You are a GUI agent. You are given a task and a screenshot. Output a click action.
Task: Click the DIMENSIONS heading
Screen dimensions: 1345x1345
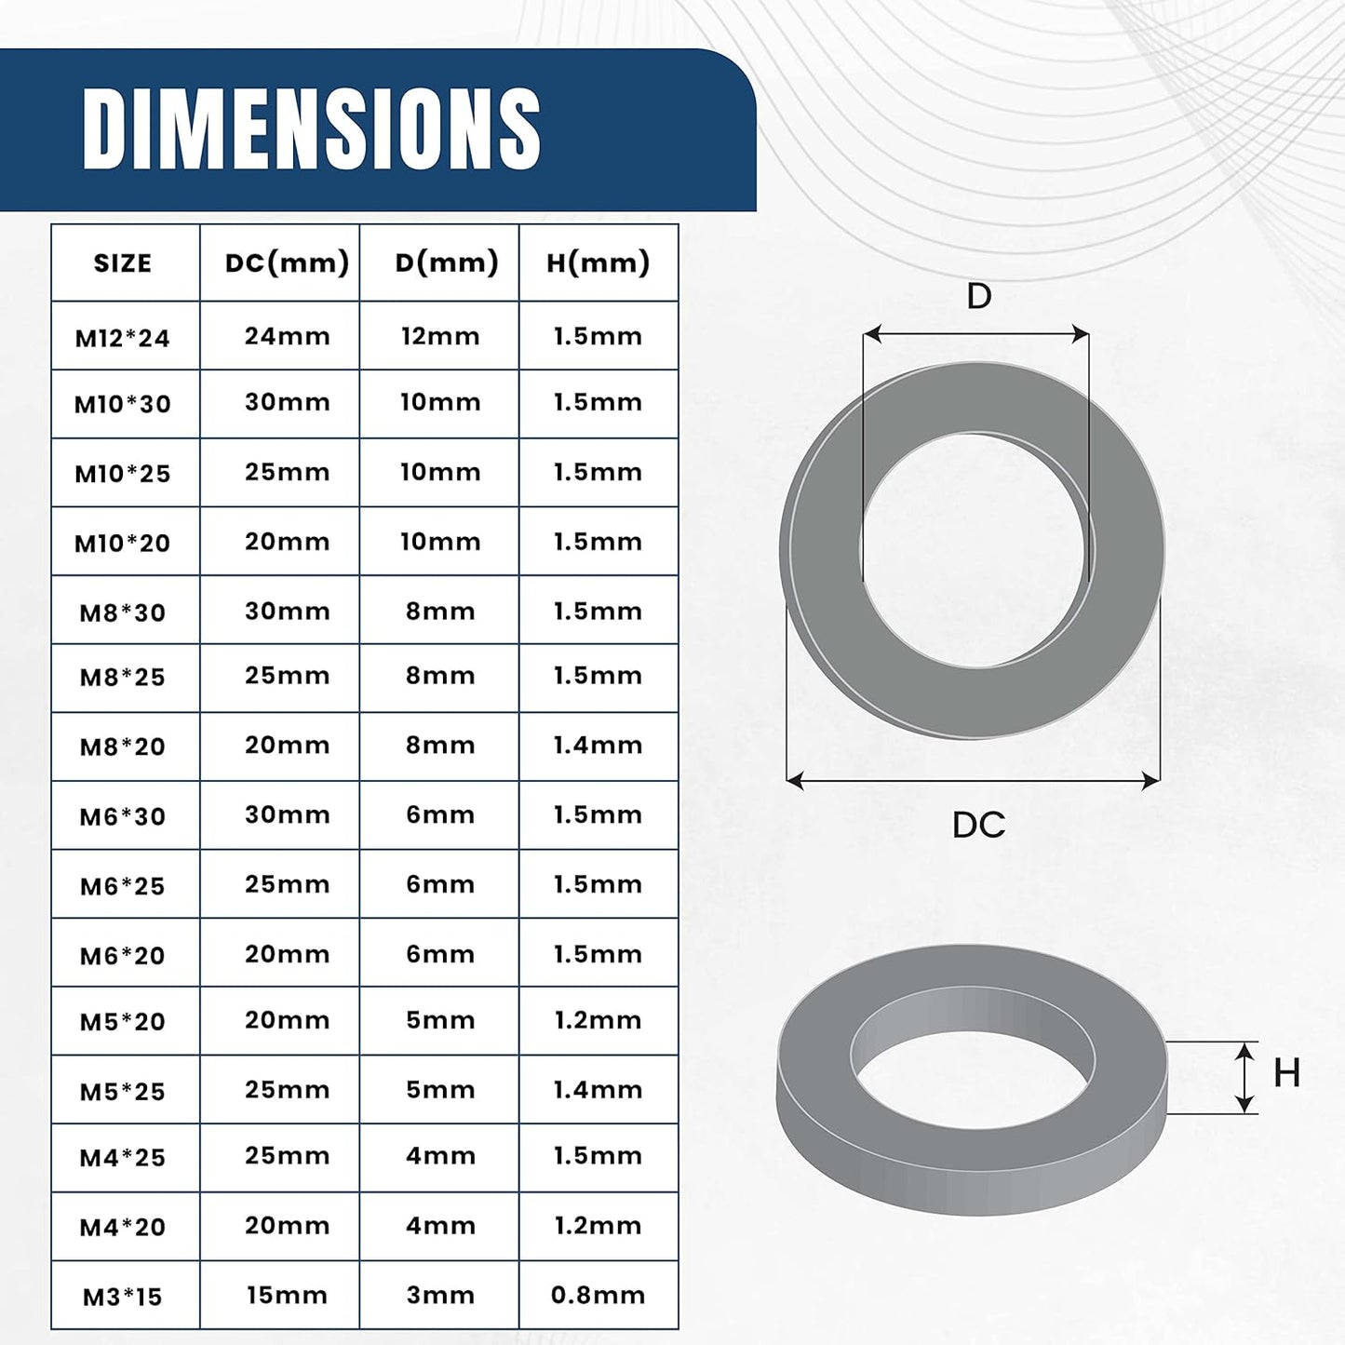[x=311, y=128]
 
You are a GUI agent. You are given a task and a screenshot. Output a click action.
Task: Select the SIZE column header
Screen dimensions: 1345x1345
[x=123, y=263]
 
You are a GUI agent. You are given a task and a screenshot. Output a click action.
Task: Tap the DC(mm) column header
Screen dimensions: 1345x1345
[x=287, y=262]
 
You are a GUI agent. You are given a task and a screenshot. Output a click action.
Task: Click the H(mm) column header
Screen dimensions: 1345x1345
[x=598, y=262]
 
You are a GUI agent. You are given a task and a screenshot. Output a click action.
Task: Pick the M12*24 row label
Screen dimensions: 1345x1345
[x=123, y=338]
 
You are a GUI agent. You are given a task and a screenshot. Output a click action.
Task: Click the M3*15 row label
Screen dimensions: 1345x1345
[x=123, y=1297]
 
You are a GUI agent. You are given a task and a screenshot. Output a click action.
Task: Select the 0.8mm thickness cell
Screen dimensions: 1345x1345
[x=598, y=1295]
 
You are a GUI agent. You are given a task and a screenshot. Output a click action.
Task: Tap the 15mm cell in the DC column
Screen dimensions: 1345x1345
[x=287, y=1295]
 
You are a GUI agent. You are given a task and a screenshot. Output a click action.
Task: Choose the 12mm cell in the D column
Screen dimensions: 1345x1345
[x=440, y=336]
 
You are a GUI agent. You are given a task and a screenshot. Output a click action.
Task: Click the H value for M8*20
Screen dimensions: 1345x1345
[x=598, y=745]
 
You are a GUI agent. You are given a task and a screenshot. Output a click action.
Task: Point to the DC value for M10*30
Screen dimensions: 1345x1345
[x=287, y=402]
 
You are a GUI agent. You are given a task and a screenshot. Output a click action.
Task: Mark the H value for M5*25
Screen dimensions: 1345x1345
[x=598, y=1089]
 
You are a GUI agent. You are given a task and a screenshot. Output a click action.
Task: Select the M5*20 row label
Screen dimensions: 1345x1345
[x=123, y=1022]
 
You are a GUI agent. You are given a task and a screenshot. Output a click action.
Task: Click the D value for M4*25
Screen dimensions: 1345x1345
[x=440, y=1155]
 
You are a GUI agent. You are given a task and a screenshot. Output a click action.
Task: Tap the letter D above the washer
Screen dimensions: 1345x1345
[x=978, y=296]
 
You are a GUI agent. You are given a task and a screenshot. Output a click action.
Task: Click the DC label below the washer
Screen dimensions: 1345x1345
[x=978, y=825]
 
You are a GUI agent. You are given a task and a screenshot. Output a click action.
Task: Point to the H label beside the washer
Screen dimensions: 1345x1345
[x=1286, y=1073]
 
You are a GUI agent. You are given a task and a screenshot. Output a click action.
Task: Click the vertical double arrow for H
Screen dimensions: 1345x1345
[x=1244, y=1078]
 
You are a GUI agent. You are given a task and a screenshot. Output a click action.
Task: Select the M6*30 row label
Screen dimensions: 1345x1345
[x=123, y=817]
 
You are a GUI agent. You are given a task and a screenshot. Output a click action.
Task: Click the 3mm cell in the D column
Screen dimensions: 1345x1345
[x=440, y=1295]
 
